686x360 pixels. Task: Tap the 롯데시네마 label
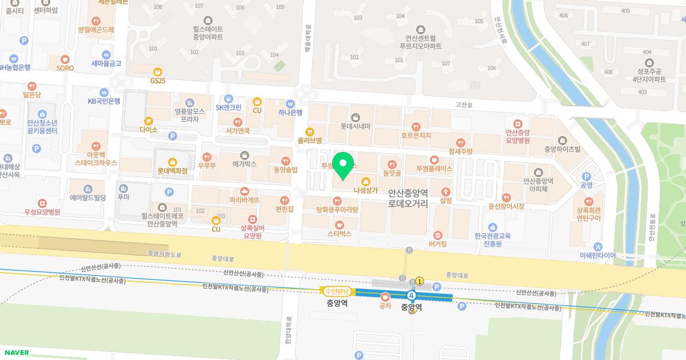coord(356,126)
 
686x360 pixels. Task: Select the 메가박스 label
coord(244,163)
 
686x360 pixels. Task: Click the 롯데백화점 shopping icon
coord(171,162)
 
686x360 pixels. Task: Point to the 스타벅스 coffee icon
coord(340,225)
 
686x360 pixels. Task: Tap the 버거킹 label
coord(438,243)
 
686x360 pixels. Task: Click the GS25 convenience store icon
coord(158,72)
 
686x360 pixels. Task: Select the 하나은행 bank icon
coord(290,103)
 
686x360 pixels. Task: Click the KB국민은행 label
coord(103,101)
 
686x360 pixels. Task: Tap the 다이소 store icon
coord(149,121)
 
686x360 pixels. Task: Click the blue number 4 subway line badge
coord(412,295)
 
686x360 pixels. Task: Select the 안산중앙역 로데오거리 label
coord(408,198)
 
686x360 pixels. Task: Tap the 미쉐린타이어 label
coord(597,255)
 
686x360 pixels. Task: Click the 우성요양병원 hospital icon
coord(42,203)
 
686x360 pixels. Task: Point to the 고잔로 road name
coord(464,105)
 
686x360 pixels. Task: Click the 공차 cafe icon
coord(385,297)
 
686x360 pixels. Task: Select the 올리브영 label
coord(309,140)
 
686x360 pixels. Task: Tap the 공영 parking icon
coord(586,177)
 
